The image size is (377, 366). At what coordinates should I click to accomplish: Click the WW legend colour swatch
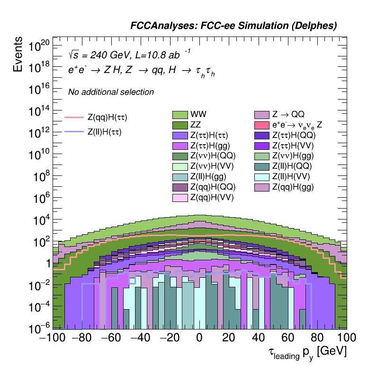180,114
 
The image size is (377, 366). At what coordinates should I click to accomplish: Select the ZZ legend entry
180,125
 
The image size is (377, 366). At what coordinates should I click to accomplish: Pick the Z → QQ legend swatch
262,114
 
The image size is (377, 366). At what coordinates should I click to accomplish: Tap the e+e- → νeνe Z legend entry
262,125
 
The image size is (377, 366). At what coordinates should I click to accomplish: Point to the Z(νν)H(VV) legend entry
180,166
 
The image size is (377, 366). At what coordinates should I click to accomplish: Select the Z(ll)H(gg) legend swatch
180,177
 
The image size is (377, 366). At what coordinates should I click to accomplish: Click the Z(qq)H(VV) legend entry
180,198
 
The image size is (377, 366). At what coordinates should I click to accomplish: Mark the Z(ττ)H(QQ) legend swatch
262,135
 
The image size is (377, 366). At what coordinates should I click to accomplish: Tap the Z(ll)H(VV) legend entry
262,177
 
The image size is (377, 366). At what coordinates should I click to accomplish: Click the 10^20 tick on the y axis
39,46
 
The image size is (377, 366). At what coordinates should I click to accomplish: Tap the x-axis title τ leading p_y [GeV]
305,352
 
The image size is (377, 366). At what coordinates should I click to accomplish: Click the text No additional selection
111,92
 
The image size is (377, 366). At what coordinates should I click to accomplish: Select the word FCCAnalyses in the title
159,26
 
